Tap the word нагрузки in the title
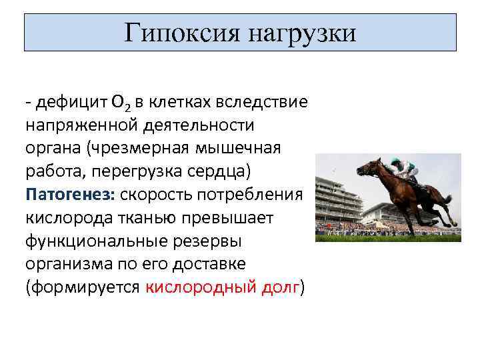click(303, 32)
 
